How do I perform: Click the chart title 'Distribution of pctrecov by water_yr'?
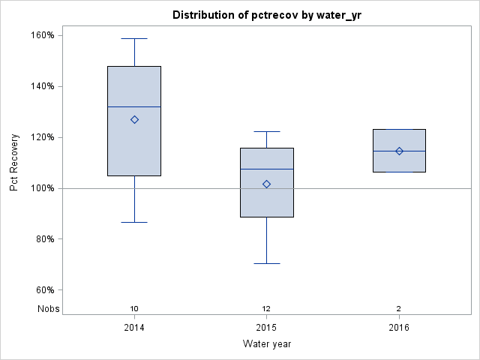(266, 15)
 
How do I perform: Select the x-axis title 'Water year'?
(266, 343)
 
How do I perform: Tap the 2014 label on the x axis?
(134, 328)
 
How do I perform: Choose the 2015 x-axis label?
(266, 328)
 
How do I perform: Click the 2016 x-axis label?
(399, 328)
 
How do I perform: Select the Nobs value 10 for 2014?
(134, 308)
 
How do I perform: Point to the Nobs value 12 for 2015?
(266, 308)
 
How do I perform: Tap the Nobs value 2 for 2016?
(399, 308)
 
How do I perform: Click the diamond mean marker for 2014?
(134, 119)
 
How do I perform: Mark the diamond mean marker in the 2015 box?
(266, 184)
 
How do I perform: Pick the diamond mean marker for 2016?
(399, 151)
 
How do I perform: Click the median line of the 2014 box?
(120, 106)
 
